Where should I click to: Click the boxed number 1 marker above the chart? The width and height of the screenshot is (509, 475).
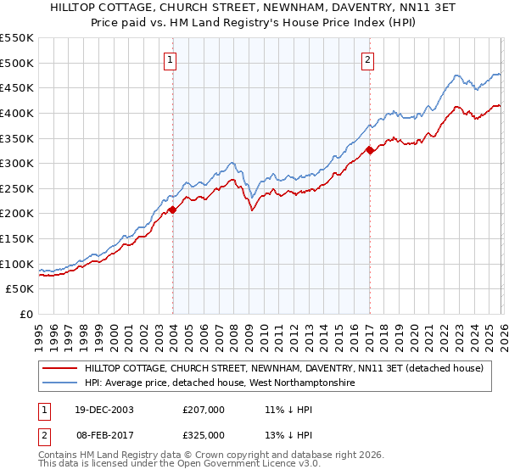[x=171, y=59]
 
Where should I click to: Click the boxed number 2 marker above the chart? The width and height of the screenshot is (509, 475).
[x=368, y=59]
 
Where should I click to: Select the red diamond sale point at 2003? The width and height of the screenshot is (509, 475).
[x=172, y=210]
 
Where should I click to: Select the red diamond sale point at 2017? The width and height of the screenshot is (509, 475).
[x=370, y=150]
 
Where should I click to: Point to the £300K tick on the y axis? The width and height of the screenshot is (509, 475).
[x=17, y=163]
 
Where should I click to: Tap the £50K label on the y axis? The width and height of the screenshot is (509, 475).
[x=20, y=288]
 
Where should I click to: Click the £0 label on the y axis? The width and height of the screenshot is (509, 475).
[x=26, y=314]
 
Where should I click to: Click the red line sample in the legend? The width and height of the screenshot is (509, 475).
[x=60, y=368]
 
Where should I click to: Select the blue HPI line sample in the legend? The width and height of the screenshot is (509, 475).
[x=60, y=383]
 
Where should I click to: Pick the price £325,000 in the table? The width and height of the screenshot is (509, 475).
[x=204, y=435]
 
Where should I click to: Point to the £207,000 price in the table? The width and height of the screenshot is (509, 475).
[x=204, y=410]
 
